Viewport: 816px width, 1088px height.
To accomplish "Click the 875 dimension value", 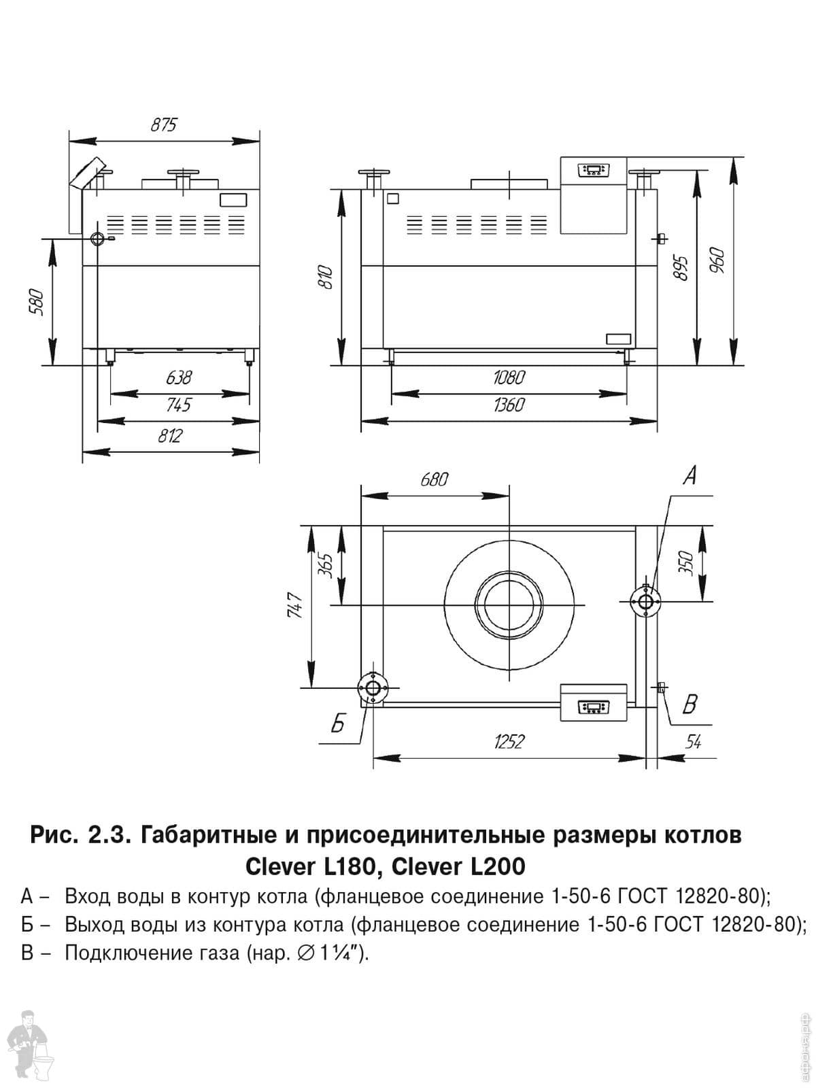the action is click(163, 124).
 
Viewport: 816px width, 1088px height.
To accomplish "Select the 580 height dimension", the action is click(38, 303).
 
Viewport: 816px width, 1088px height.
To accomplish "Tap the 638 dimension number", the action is click(178, 377).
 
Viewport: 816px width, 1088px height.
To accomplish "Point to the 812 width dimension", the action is click(171, 436).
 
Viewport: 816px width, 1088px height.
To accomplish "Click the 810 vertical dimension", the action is click(326, 278).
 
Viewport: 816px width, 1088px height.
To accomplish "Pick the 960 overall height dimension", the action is click(717, 261).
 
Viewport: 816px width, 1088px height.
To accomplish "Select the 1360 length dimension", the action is click(509, 405).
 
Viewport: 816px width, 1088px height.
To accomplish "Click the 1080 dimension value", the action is click(509, 377).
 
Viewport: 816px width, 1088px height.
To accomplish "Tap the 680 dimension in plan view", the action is click(434, 479).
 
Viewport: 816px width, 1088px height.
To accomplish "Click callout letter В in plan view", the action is click(690, 704).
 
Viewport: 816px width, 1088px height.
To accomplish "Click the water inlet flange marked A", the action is click(646, 601).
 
